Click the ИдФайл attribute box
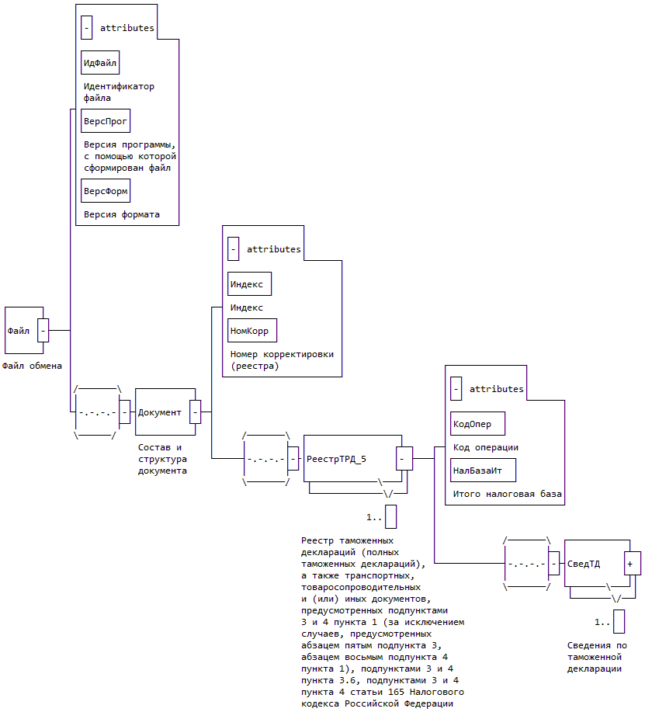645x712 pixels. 100,61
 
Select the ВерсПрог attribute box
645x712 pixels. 105,122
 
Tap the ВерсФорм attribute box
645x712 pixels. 105,189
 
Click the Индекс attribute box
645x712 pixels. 249,284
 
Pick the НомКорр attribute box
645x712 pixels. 251,330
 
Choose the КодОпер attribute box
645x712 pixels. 477,424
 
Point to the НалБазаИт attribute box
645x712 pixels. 483,470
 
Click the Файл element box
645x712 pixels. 20,330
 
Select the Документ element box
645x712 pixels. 160,412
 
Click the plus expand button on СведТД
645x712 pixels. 633,563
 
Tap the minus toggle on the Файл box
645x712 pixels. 43,330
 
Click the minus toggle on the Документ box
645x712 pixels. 195,412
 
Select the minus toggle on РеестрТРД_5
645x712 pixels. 404,458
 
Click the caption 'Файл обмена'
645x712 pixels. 33,366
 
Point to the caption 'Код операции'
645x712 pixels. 486,447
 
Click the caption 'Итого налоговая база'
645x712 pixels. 508,493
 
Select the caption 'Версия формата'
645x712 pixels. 122,214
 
